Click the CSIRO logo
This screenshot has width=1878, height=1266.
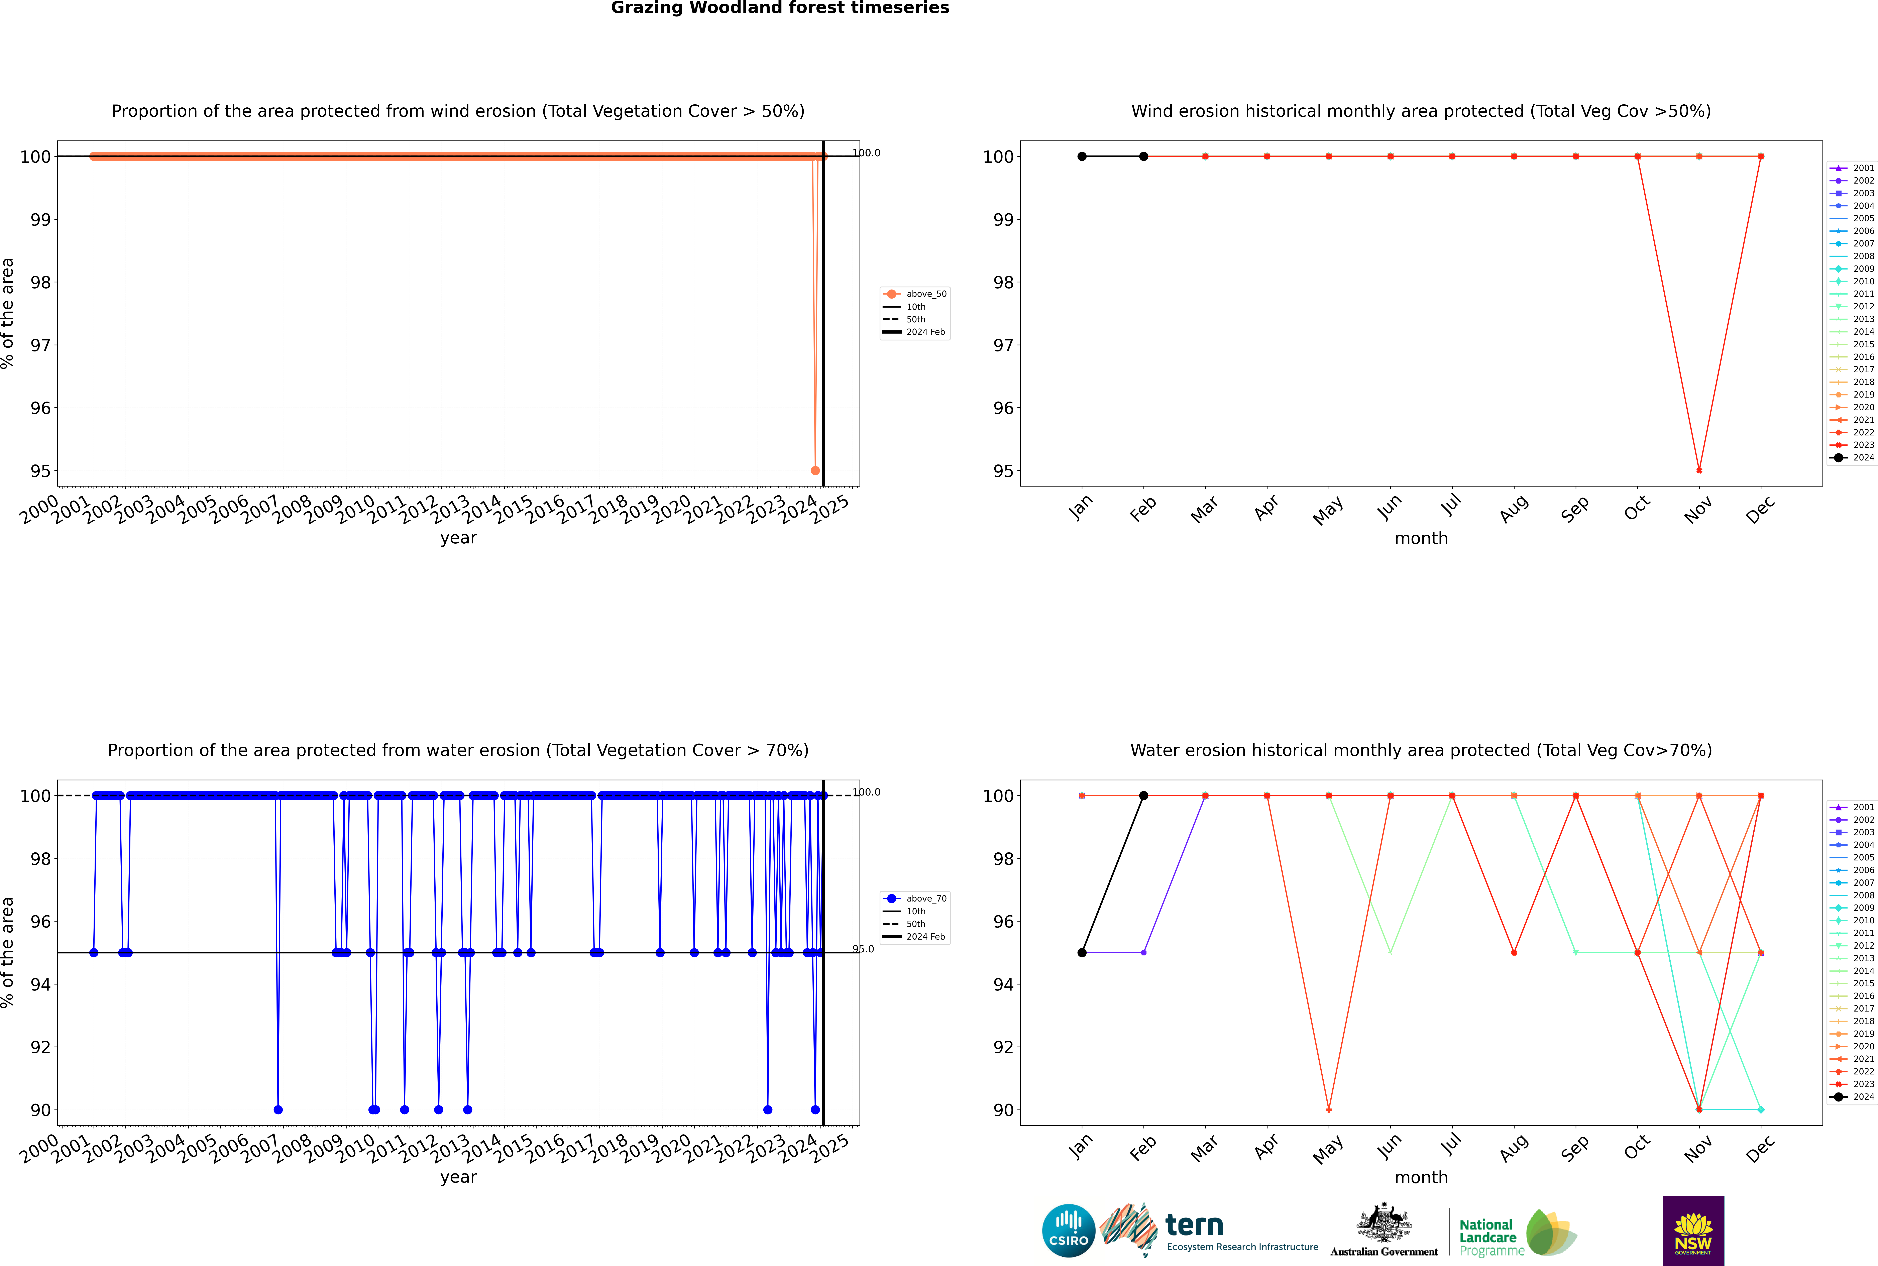[1068, 1231]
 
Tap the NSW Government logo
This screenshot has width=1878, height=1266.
[1693, 1230]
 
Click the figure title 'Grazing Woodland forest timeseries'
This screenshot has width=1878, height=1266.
[780, 8]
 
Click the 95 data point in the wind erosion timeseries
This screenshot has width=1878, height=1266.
[815, 471]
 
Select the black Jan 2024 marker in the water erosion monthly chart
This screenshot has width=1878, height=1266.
[1082, 953]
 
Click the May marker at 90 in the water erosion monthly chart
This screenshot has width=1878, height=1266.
[1329, 1109]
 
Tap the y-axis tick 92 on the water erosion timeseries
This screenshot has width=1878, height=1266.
[40, 1047]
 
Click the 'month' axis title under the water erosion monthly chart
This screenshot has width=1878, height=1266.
[1421, 1177]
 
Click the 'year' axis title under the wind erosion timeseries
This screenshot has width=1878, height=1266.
[459, 538]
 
